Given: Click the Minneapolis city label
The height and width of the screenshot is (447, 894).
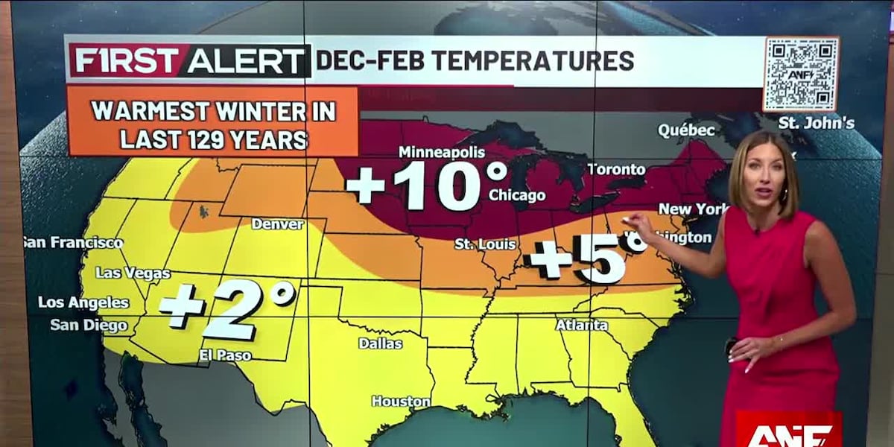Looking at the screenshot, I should click(x=442, y=152).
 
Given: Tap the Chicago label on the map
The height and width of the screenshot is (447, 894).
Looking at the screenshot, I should click(x=517, y=195).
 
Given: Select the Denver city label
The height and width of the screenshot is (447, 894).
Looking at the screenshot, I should click(x=277, y=223).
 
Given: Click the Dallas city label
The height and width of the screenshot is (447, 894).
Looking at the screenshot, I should click(x=380, y=343).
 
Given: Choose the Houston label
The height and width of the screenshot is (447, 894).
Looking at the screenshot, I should click(x=401, y=402).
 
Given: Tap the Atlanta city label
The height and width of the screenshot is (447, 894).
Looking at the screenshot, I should click(x=582, y=325).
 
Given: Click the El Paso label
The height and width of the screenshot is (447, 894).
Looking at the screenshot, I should click(x=225, y=355).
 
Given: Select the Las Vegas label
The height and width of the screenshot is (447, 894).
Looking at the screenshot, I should click(x=133, y=273).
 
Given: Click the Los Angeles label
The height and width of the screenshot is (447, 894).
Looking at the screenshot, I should click(x=83, y=302).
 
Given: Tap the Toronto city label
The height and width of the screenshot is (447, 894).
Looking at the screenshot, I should click(x=616, y=169).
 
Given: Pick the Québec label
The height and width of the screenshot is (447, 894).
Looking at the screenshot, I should click(x=686, y=130).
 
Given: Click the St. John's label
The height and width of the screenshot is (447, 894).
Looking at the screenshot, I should click(x=817, y=123).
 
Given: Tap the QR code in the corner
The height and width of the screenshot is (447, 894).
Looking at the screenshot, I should click(x=801, y=74).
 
